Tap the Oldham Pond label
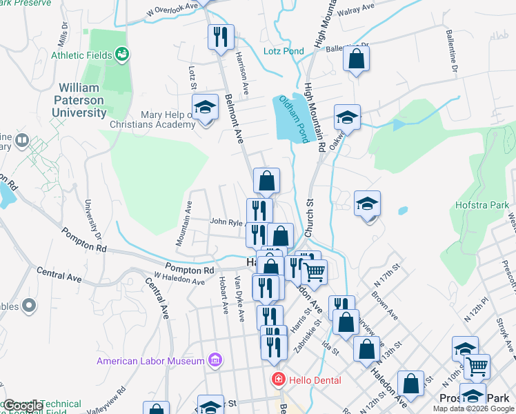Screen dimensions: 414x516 [301, 119]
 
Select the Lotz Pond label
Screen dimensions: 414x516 [284, 51]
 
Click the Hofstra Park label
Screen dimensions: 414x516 [481, 205]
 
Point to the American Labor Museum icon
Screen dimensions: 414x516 [215, 360]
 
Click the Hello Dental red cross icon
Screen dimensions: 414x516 [277, 379]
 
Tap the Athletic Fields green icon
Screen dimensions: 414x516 [123, 53]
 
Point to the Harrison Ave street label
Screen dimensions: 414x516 [241, 72]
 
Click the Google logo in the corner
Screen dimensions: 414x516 [22, 406]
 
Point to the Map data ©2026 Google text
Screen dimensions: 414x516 [473, 408]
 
